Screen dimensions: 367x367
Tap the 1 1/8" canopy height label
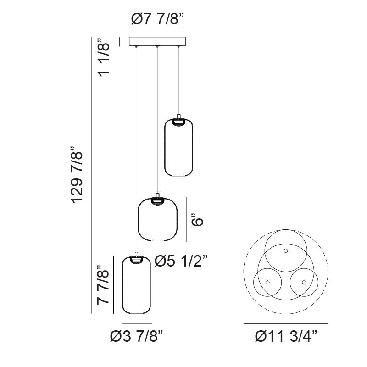point(104,57)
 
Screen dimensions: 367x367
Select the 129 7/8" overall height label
point(77,175)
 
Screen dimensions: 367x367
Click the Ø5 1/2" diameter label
point(181,261)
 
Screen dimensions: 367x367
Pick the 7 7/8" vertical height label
point(103,285)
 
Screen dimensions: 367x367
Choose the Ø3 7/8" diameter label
point(136,337)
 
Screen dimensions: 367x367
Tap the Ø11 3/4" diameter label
point(286,337)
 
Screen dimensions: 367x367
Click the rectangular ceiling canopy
point(157,41)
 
